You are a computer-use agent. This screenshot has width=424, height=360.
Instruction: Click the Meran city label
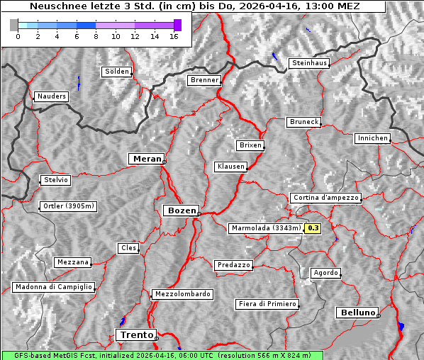146,159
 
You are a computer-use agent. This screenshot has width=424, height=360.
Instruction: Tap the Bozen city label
180,210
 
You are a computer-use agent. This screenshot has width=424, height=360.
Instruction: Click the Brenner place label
204,80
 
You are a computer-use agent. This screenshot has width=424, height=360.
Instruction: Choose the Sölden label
117,72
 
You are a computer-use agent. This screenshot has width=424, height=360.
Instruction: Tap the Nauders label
51,96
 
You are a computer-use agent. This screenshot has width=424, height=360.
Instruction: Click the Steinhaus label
310,63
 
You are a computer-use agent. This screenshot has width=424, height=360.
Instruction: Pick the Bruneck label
304,122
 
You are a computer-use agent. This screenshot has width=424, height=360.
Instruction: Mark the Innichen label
372,138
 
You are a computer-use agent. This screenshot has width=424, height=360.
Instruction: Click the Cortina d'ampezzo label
325,198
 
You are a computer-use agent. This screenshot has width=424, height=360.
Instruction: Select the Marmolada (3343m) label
266,228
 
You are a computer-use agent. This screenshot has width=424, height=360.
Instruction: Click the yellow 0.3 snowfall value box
313,228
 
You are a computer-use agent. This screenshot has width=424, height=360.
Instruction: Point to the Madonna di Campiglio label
53,287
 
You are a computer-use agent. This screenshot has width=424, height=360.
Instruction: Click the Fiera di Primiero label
267,304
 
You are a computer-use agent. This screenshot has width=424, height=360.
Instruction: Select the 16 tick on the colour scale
174,36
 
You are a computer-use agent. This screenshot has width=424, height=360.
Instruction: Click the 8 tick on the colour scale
96,36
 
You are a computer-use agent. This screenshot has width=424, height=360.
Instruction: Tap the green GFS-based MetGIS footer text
162,355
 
